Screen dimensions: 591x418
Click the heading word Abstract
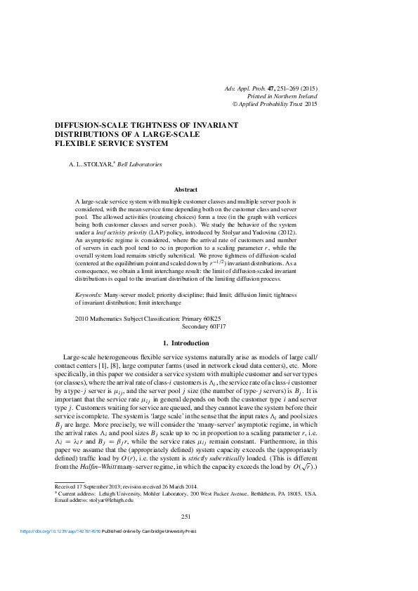[x=185, y=190]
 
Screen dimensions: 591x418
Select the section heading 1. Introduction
[x=185, y=343]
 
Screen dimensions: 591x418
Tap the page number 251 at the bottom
[x=186, y=517]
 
